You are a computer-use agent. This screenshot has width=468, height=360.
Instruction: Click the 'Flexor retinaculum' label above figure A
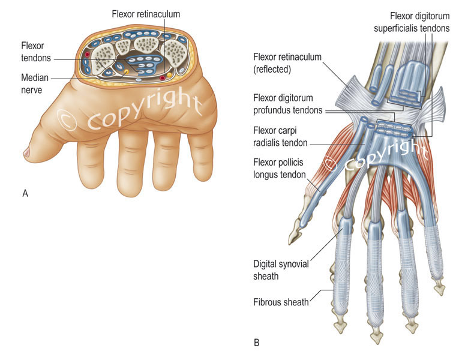tap(146, 13)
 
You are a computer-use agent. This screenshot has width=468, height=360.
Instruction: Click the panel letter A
tap(25, 193)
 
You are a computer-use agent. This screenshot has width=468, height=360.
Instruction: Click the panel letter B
tap(257, 343)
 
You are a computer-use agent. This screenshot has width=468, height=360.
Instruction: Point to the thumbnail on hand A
tap(28, 154)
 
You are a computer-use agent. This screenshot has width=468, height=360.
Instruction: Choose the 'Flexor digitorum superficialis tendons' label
tap(419, 22)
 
